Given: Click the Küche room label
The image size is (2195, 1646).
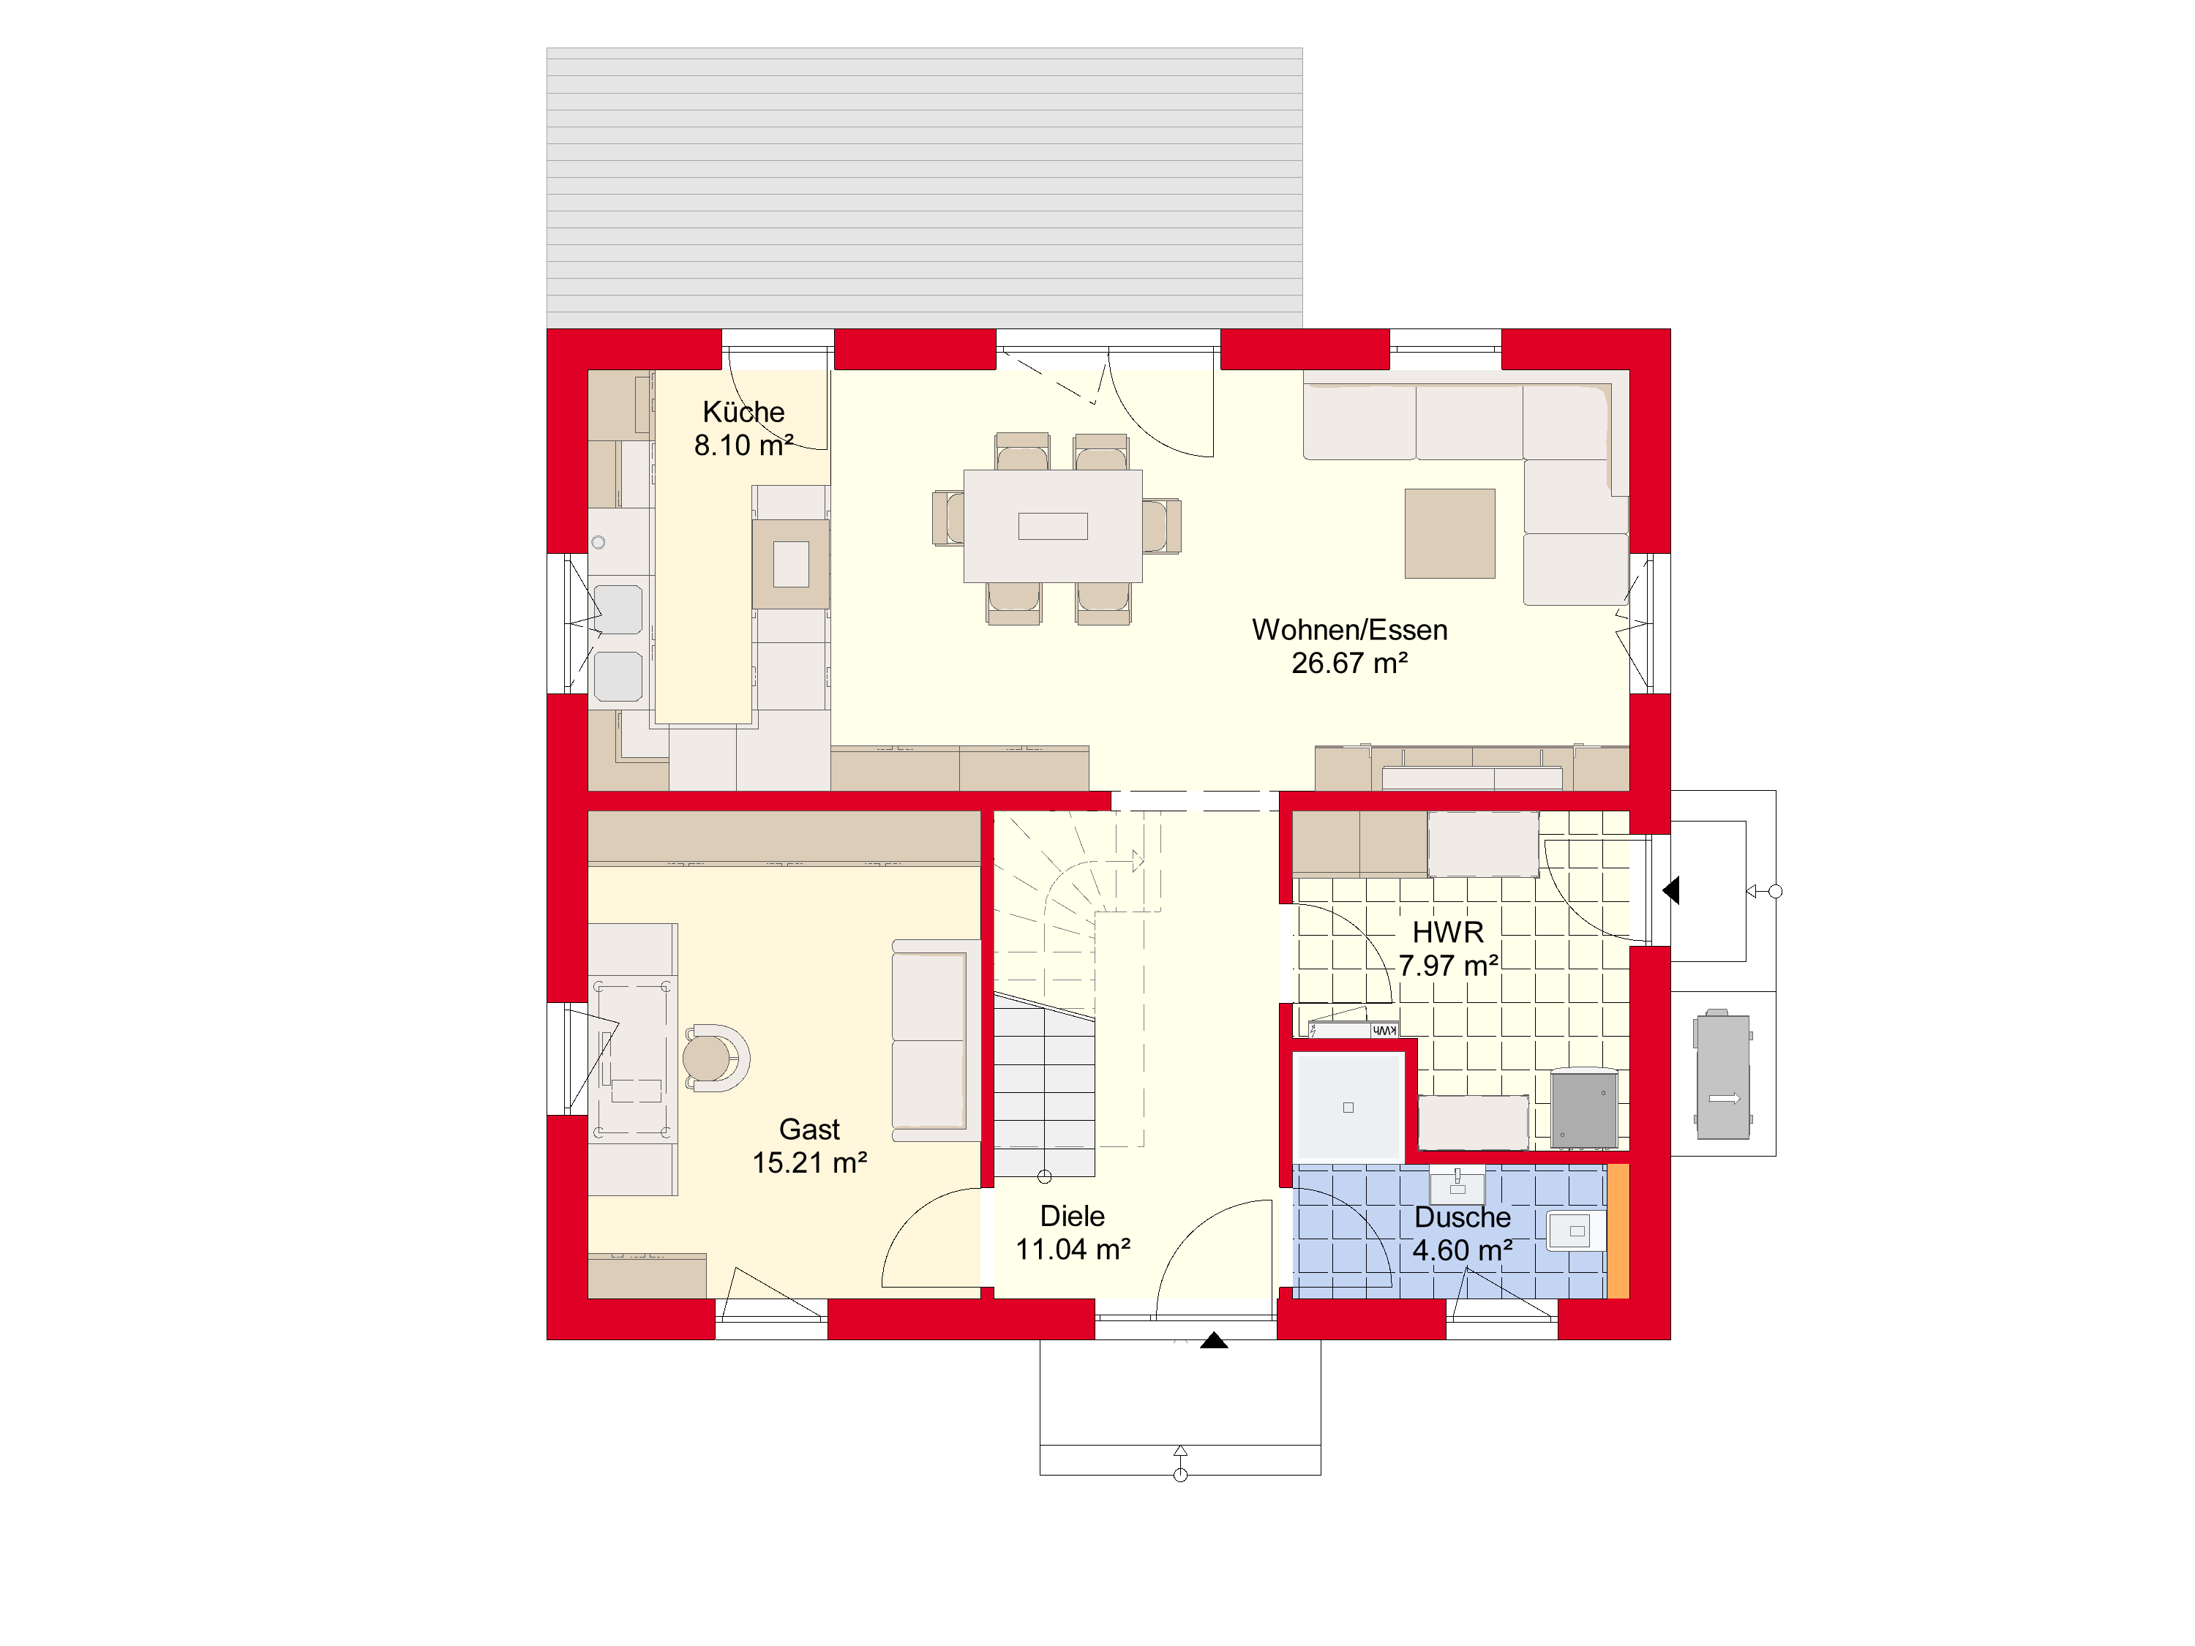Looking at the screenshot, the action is click(x=743, y=412).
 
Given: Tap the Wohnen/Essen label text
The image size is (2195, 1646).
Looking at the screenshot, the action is click(x=1349, y=630).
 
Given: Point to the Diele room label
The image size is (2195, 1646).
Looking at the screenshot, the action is click(x=1073, y=1217).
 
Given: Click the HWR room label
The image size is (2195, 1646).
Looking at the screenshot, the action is click(x=1448, y=933).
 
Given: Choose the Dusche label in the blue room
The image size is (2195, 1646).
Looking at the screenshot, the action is click(x=1463, y=1217).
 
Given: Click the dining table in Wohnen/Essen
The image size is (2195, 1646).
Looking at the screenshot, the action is click(x=1053, y=526).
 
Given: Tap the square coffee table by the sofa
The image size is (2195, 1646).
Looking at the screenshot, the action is click(x=1449, y=533).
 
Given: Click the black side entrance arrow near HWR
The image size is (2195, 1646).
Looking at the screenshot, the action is click(x=1671, y=890).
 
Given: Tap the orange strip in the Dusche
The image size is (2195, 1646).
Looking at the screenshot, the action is click(x=1618, y=1230).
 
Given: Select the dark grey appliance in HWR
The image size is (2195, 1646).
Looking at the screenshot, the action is click(x=1584, y=1108).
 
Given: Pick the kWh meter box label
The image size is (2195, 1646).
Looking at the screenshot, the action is click(x=1384, y=1031).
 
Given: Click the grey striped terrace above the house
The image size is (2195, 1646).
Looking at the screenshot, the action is click(x=924, y=187).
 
